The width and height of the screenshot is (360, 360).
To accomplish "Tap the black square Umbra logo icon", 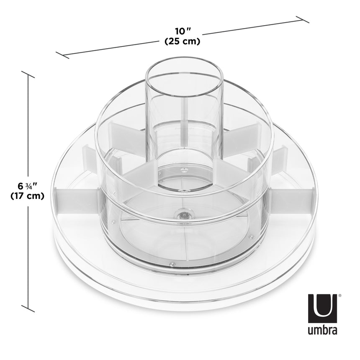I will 322,306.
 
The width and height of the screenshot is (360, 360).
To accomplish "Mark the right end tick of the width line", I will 302,19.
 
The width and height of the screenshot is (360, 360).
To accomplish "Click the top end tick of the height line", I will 28,75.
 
